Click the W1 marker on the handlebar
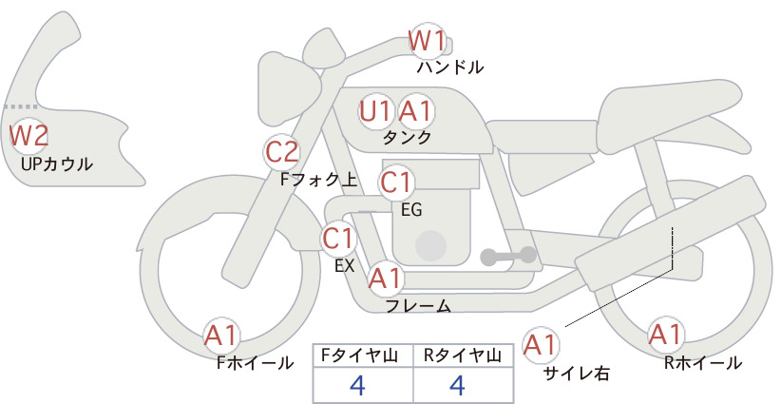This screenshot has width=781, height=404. tap(427, 41)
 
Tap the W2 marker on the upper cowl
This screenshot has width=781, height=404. tap(29, 136)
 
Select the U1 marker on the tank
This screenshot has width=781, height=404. tap(376, 111)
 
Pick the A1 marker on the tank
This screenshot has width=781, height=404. tap(416, 111)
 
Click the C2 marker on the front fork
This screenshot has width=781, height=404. tap(282, 152)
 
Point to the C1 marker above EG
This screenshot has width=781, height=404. tap(396, 183)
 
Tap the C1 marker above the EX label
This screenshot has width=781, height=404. tap(338, 238)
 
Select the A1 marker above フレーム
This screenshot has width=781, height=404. tap(386, 278)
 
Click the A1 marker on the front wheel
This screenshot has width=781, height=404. tap(221, 336)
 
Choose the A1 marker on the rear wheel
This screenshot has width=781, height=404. tap(665, 335)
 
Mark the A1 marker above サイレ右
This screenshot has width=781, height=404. tap(541, 345)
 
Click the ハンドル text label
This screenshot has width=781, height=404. tap(450, 67)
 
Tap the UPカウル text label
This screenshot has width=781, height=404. tap(57, 164)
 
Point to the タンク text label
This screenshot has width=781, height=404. tap(407, 137)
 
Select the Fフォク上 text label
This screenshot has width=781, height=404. tap(319, 180)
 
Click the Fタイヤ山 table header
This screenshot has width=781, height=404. tap(359, 356)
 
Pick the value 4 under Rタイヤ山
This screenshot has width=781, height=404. tap(457, 385)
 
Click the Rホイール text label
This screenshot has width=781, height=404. tap(703, 363)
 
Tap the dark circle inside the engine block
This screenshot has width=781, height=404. tap(430, 246)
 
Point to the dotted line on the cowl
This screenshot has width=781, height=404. tap(20, 106)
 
